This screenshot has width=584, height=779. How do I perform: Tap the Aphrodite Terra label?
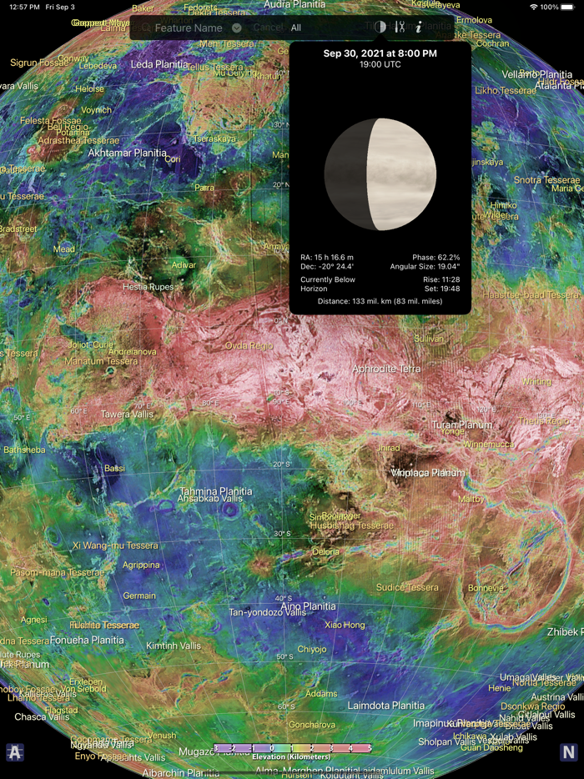click(x=386, y=369)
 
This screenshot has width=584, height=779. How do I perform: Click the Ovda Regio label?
click(x=249, y=345)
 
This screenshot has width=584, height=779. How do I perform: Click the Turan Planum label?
click(x=462, y=425)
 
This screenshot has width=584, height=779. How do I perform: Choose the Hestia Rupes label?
click(x=148, y=287)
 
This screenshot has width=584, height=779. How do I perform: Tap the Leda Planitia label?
click(x=159, y=64)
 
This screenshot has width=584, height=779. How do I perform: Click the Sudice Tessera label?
click(x=406, y=588)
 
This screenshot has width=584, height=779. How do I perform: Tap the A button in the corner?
click(x=15, y=752)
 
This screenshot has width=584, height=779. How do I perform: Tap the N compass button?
click(x=568, y=752)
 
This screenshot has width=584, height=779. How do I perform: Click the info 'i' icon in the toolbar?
click(x=419, y=28)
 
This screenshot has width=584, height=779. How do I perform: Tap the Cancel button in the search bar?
click(x=268, y=28)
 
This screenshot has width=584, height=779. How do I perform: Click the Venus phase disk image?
click(x=380, y=174)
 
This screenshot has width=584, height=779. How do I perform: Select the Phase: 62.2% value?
click(x=435, y=257)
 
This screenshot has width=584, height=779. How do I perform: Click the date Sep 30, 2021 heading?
click(x=380, y=53)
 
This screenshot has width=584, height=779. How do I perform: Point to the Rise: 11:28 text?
click(x=441, y=279)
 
